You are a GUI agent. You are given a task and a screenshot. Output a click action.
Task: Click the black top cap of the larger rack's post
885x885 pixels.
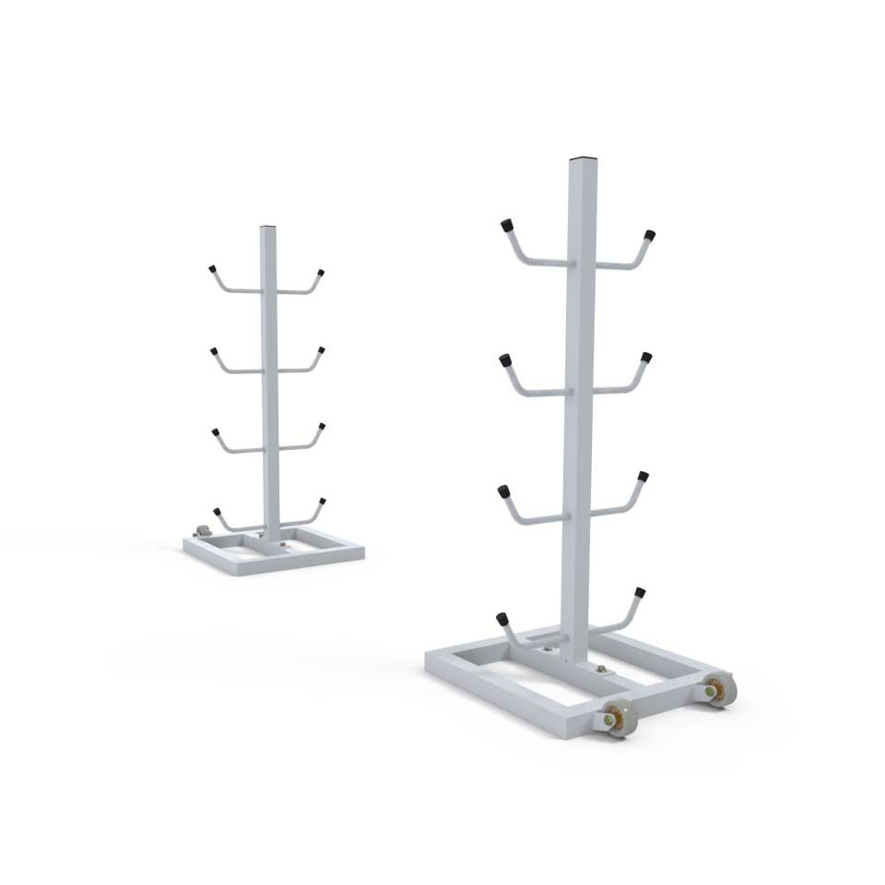[x=579, y=159]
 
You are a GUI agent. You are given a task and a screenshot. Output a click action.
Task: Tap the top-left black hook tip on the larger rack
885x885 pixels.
[x=506, y=225]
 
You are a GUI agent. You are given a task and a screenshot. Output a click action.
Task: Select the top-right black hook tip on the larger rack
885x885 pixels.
[x=649, y=235]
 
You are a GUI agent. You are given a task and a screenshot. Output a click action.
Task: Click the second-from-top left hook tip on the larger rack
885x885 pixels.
[x=505, y=360]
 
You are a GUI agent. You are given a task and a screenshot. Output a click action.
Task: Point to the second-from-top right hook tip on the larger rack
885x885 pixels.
[x=646, y=357]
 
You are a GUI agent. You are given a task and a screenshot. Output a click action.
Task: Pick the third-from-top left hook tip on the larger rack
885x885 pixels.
[x=504, y=490]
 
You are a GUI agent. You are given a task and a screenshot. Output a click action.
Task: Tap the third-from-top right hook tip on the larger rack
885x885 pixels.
[x=643, y=477]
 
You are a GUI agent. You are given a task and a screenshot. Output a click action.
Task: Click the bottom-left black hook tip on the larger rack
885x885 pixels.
[x=501, y=618]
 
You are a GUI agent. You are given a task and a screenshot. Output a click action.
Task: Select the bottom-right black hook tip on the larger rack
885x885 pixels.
[x=640, y=592]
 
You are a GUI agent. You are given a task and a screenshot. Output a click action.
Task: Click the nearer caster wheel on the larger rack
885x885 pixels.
[x=619, y=718]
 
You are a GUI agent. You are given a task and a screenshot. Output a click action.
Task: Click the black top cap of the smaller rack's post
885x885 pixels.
[x=267, y=227]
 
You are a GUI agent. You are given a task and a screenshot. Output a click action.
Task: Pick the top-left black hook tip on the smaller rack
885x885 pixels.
[x=212, y=269]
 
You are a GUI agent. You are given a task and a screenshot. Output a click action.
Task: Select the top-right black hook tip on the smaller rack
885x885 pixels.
[x=321, y=273]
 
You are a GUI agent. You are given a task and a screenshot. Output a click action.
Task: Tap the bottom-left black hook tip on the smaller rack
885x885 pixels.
[x=218, y=512]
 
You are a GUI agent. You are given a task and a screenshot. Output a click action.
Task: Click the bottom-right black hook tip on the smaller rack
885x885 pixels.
[x=323, y=502]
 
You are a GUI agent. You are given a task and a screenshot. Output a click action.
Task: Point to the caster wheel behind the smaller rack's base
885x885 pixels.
[x=203, y=532]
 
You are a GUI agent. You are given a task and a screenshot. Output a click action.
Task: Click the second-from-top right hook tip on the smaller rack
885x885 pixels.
[x=322, y=350]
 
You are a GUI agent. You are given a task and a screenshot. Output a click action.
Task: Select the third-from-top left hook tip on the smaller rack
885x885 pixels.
[x=215, y=431]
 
